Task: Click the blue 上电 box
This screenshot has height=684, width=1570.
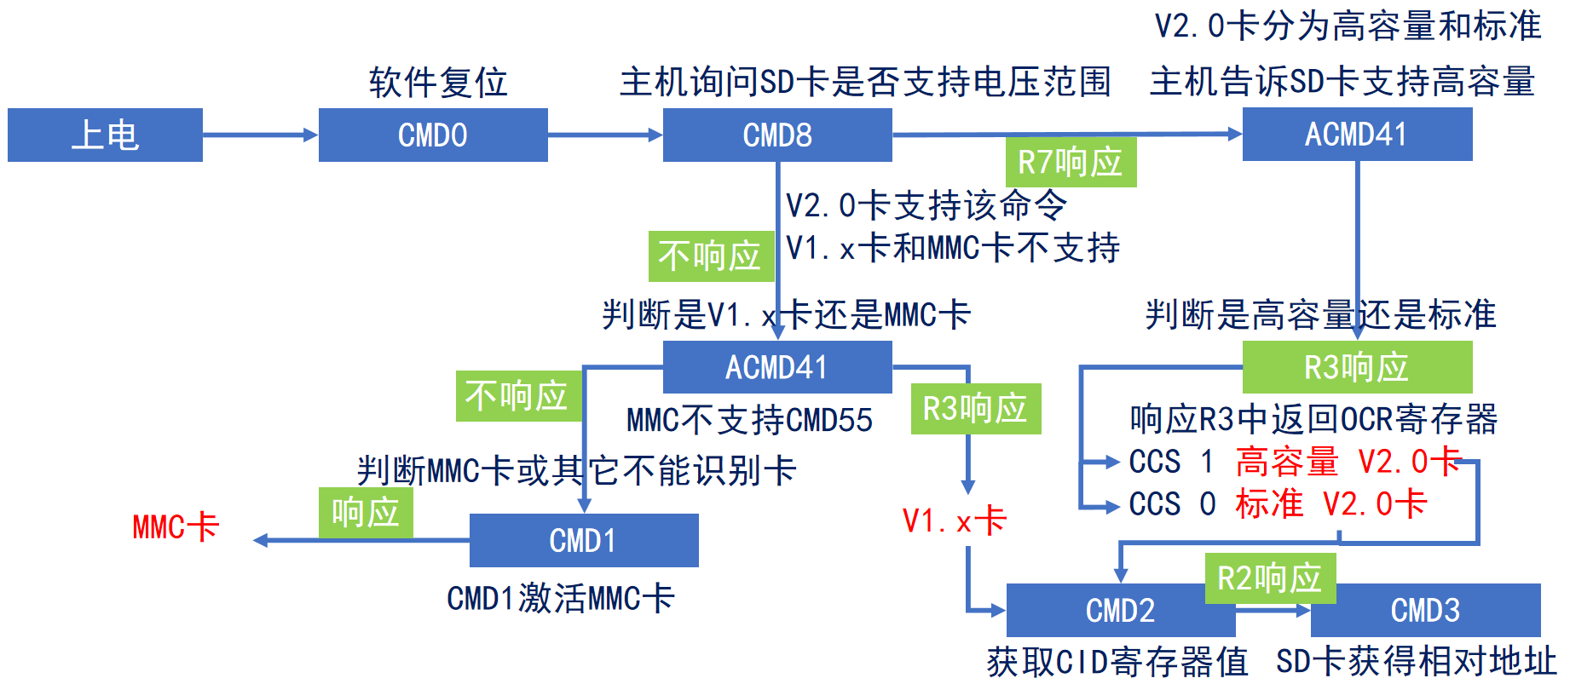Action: pyautogui.click(x=105, y=135)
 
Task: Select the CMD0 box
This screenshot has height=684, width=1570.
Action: pyautogui.click(x=433, y=135)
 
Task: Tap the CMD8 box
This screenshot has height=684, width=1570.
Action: pyautogui.click(x=777, y=135)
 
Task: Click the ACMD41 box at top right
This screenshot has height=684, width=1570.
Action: pyautogui.click(x=1357, y=134)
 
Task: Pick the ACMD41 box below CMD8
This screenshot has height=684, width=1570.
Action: pyautogui.click(x=777, y=367)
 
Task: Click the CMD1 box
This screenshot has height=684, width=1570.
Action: pyautogui.click(x=584, y=540)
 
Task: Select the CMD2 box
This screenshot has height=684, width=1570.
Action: pyautogui.click(x=1120, y=611)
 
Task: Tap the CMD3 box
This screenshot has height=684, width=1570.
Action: pyautogui.click(x=1425, y=611)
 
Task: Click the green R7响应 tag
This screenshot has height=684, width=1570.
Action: pyautogui.click(x=1071, y=162)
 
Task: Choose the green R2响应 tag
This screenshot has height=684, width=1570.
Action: pyautogui.click(x=1270, y=578)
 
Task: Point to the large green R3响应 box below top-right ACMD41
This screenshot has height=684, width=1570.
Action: pyautogui.click(x=1357, y=367)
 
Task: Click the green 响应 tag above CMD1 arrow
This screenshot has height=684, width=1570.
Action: pyautogui.click(x=366, y=512)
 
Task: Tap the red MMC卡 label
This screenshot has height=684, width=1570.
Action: pyautogui.click(x=176, y=526)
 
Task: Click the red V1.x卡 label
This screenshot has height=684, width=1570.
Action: pyautogui.click(x=955, y=520)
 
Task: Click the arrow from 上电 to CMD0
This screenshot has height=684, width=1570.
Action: pyautogui.click(x=260, y=135)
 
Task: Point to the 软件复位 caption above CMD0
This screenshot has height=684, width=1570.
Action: pyautogui.click(x=438, y=83)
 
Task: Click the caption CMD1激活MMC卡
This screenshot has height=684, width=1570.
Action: pyautogui.click(x=560, y=598)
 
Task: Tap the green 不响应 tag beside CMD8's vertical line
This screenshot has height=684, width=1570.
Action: pyautogui.click(x=710, y=256)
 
